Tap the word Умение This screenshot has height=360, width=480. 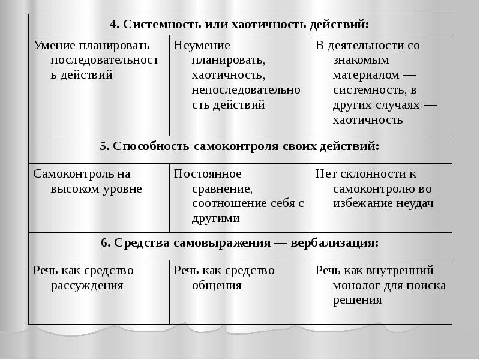(53, 46)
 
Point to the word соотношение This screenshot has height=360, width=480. (227, 204)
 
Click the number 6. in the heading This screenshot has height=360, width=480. (106, 243)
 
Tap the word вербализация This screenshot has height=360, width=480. (335, 243)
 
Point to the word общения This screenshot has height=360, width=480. (217, 286)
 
